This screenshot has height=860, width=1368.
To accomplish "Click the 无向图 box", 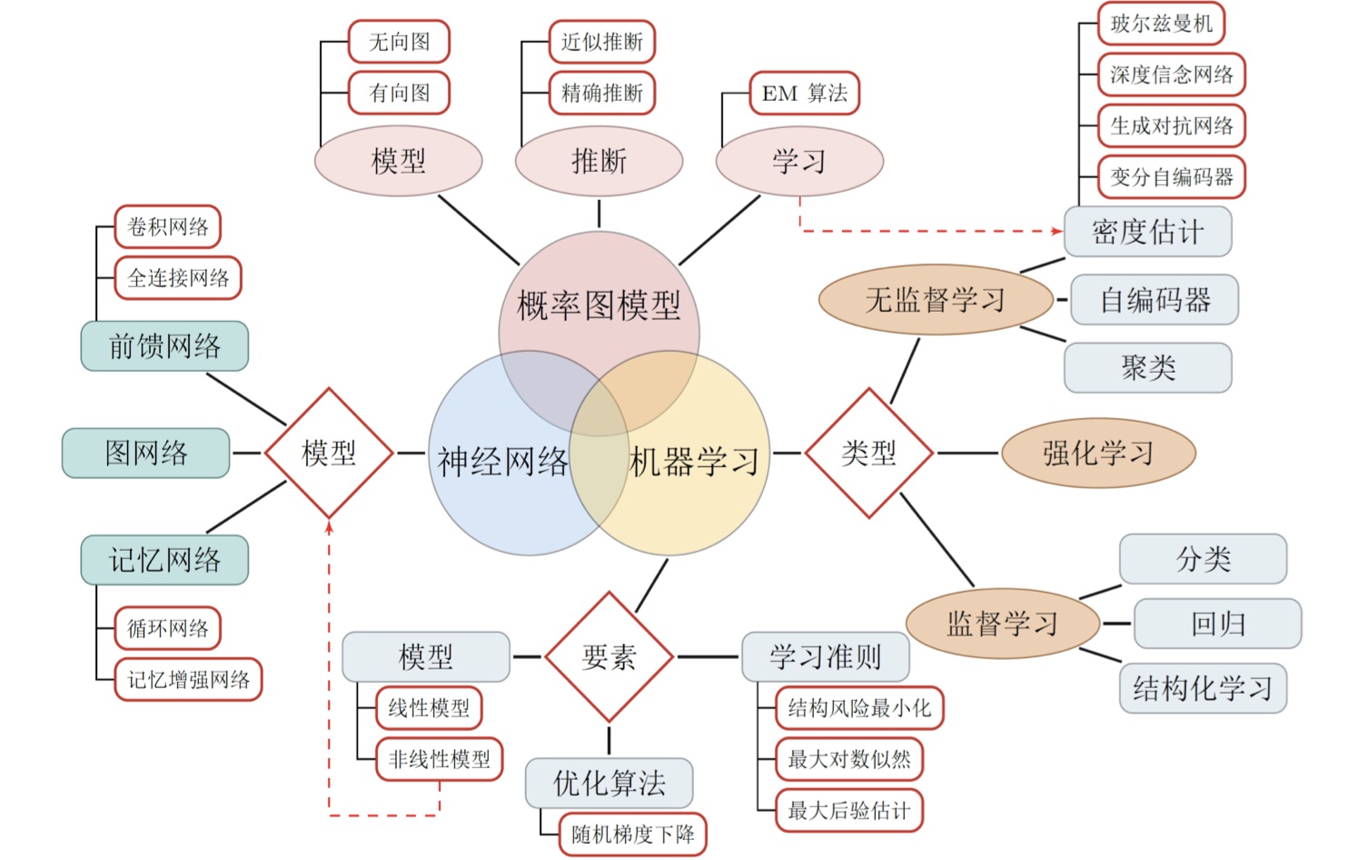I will pyautogui.click(x=399, y=42).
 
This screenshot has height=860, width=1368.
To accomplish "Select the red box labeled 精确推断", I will pyautogui.click(x=601, y=93).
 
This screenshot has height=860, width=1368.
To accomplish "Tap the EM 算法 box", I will pyautogui.click(x=804, y=93).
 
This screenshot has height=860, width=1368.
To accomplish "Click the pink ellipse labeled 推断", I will pyautogui.click(x=599, y=161).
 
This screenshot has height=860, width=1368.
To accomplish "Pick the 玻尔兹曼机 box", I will pyautogui.click(x=1161, y=24).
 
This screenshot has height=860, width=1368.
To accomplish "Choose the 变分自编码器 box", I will pyautogui.click(x=1171, y=176).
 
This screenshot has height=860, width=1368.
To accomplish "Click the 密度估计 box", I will pyautogui.click(x=1147, y=232).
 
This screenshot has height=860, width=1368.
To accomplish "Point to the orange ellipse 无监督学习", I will pyautogui.click(x=935, y=299).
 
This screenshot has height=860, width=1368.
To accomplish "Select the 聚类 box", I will pyautogui.click(x=1147, y=367).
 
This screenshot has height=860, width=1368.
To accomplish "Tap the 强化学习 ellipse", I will pyautogui.click(x=1097, y=453).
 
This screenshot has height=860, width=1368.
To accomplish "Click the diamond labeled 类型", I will pyautogui.click(x=868, y=453).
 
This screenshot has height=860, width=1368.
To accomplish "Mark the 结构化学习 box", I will pyautogui.click(x=1203, y=688).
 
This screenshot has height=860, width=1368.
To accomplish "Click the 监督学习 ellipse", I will pyautogui.click(x=1003, y=623).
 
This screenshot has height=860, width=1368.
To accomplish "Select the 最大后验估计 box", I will pyautogui.click(x=848, y=810).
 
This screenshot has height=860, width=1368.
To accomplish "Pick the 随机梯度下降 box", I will pyautogui.click(x=632, y=834).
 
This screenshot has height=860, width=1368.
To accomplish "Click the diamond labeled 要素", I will pyautogui.click(x=609, y=656).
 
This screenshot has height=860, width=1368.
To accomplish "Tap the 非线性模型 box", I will pyautogui.click(x=439, y=759).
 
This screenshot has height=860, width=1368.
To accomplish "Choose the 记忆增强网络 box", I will pyautogui.click(x=188, y=679).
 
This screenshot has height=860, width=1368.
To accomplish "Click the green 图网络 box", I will pyautogui.click(x=145, y=453).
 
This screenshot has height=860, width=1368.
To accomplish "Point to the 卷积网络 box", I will pyautogui.click(x=167, y=226).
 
